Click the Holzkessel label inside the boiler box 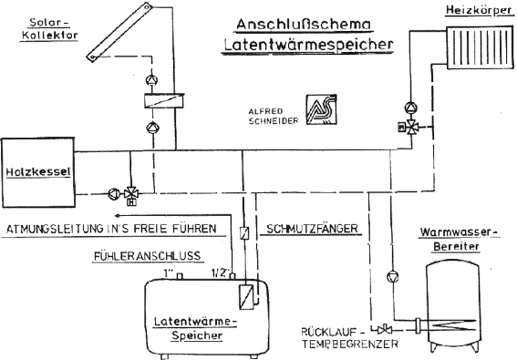click(38, 171)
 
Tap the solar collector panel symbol click(119, 32)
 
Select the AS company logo click(322, 109)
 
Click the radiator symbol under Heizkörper click(480, 48)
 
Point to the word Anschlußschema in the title click(304, 25)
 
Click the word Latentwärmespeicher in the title click(308, 44)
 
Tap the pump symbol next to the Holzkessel click(114, 193)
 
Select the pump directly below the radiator click(411, 108)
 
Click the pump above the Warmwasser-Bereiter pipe click(392, 276)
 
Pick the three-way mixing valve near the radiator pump click(411, 127)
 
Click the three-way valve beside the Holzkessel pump click(131, 194)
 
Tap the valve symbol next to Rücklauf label click(384, 329)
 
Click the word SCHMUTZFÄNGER click(312, 229)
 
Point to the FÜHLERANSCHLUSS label click(147, 256)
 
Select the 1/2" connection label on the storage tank click(220, 273)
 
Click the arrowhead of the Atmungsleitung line click(118, 216)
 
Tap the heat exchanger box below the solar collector click(164, 100)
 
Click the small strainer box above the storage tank click(244, 232)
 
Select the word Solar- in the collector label click(50, 23)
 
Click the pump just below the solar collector click(151, 80)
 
